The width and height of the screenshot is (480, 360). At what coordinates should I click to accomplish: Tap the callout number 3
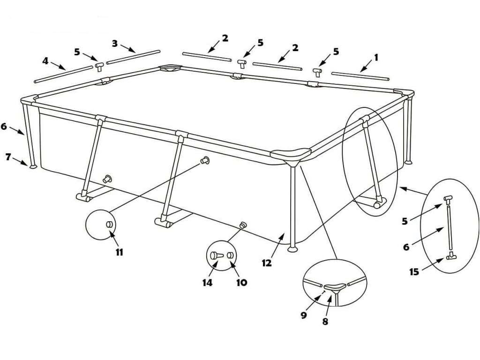click(115, 43)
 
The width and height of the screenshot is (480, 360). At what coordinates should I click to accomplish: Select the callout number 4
click(45, 60)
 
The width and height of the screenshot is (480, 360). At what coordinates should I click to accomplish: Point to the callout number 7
click(8, 157)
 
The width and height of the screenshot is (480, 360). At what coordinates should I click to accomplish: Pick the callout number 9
click(304, 315)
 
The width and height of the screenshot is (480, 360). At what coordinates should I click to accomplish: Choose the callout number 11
click(119, 252)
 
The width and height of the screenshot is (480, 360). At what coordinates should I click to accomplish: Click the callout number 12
click(267, 263)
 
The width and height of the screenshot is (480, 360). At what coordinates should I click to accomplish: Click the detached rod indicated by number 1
click(360, 76)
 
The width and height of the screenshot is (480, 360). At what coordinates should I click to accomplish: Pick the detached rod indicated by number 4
click(63, 74)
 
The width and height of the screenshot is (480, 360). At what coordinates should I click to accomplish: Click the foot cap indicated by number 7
click(32, 166)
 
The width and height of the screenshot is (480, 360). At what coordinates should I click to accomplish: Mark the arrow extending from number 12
click(277, 245)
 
